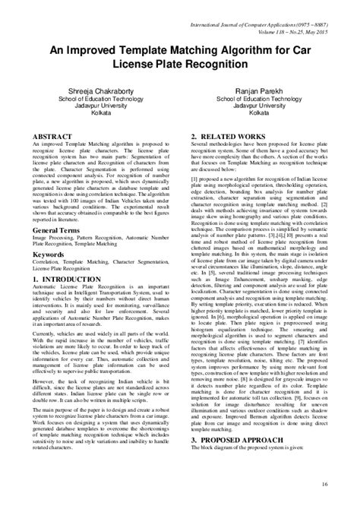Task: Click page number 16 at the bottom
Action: [324, 482]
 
